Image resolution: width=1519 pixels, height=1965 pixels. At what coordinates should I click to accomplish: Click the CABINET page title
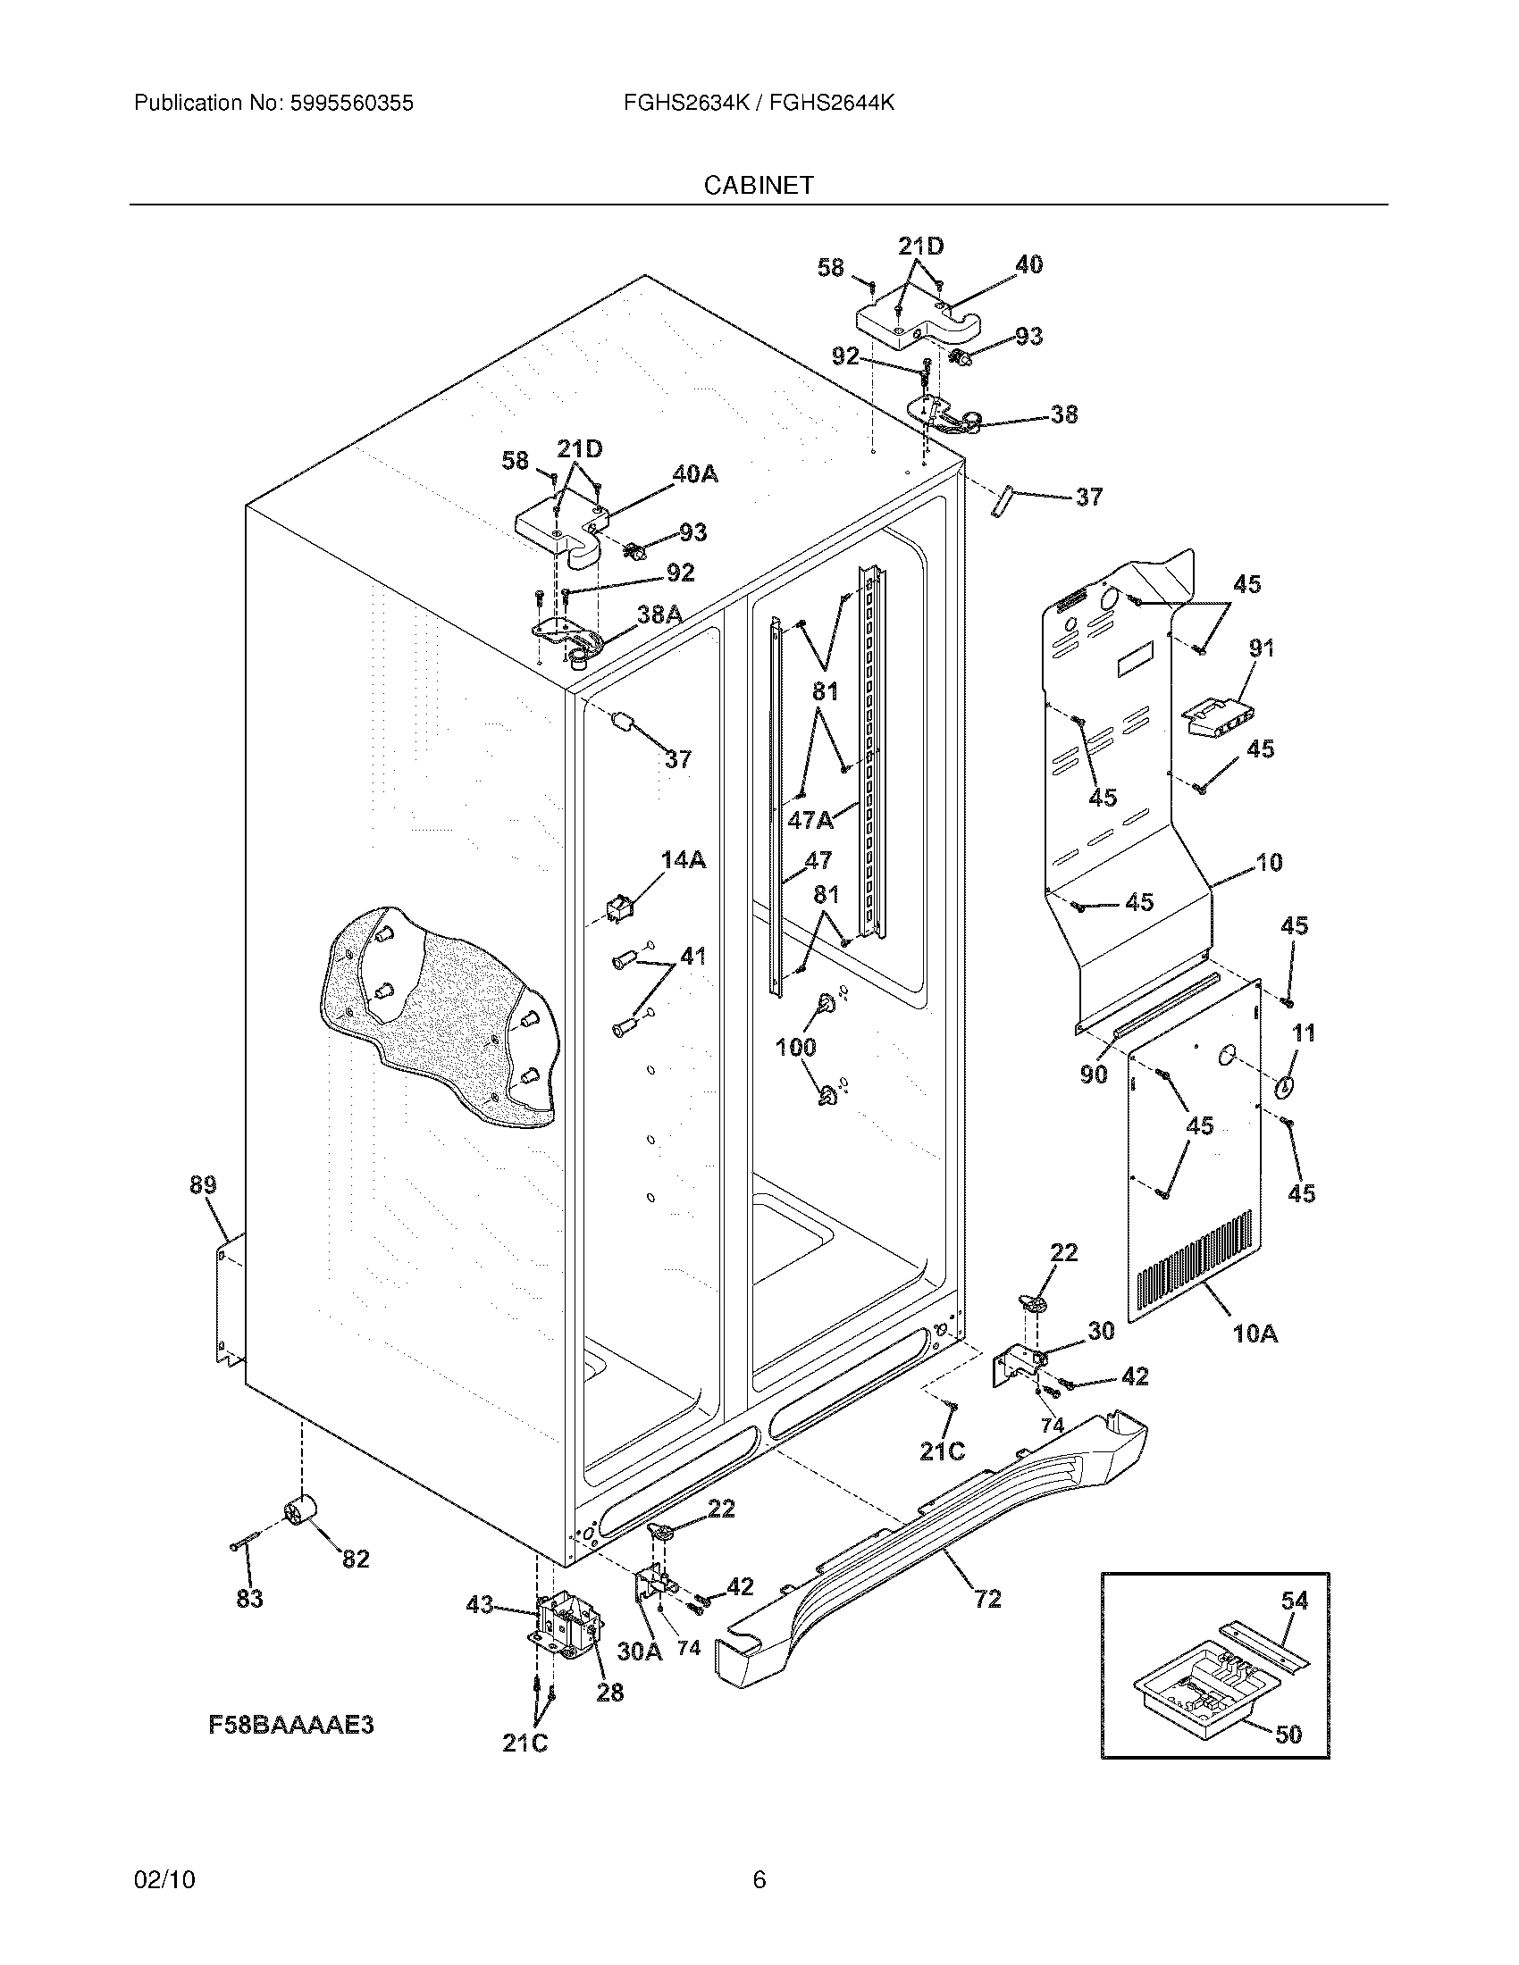pyautogui.click(x=759, y=186)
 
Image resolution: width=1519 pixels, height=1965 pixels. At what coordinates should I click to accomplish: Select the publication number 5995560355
pyautogui.click(x=351, y=104)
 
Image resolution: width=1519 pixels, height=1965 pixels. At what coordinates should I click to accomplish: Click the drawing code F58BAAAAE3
pyautogui.click(x=290, y=1725)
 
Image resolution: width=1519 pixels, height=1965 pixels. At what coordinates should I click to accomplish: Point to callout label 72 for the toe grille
pyautogui.click(x=987, y=1600)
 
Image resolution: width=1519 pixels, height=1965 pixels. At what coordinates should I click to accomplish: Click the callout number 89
pyautogui.click(x=203, y=1186)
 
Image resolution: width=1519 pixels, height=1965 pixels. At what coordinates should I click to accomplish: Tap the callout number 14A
pyautogui.click(x=683, y=861)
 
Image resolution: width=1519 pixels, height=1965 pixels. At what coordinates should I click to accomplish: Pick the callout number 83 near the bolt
pyautogui.click(x=249, y=1599)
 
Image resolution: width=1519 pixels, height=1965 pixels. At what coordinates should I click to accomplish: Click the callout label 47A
pyautogui.click(x=810, y=820)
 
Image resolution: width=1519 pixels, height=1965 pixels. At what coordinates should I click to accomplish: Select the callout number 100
pyautogui.click(x=795, y=1047)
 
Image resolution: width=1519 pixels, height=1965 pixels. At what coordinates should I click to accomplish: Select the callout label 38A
pyautogui.click(x=659, y=615)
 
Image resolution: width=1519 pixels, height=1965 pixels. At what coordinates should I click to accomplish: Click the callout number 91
pyautogui.click(x=1261, y=648)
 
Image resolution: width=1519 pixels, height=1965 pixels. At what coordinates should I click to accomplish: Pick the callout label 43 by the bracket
pyautogui.click(x=480, y=1604)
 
